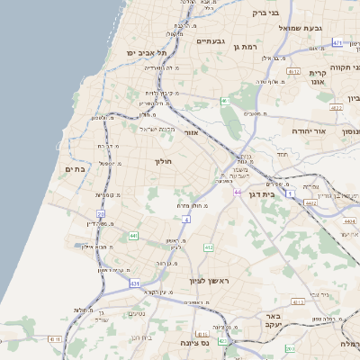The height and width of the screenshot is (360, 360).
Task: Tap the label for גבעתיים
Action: [x=210, y=40]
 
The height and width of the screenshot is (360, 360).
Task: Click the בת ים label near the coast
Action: [x=75, y=168]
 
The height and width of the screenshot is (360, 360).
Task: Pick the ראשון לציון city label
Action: [x=210, y=282]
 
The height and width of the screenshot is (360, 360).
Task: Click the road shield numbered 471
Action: [x=337, y=42]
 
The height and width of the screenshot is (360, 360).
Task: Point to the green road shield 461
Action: [x=224, y=101]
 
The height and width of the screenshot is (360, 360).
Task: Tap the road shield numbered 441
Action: [x=133, y=236]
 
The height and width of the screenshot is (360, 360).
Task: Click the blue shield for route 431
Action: [x=134, y=283]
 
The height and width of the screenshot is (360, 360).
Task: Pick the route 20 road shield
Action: [x=102, y=214]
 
